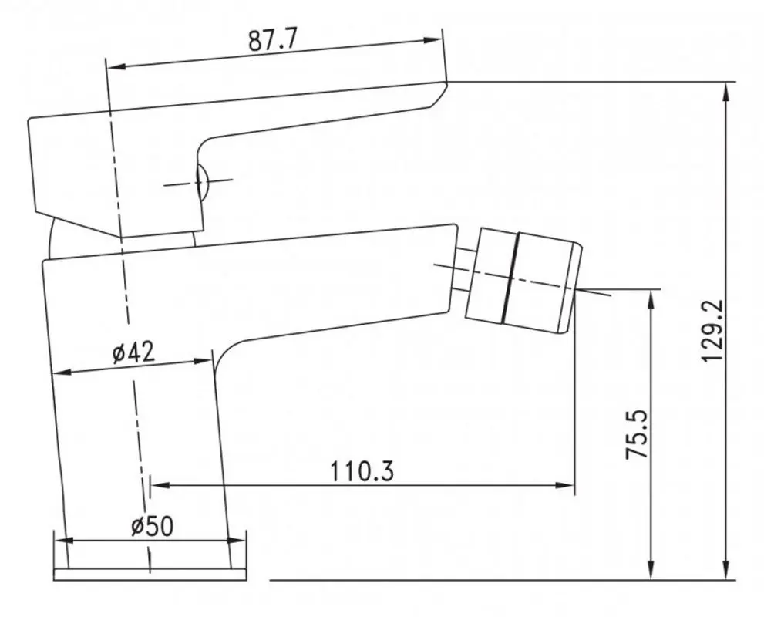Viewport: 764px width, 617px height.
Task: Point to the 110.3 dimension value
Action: pyautogui.click(x=362, y=470)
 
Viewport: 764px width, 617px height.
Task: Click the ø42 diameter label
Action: pyautogui.click(x=133, y=352)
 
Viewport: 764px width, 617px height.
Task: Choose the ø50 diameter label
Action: pyautogui.click(x=152, y=526)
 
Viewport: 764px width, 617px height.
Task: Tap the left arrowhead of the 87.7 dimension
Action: pyautogui.click(x=116, y=67)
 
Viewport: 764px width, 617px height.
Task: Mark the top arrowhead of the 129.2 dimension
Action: pyautogui.click(x=726, y=92)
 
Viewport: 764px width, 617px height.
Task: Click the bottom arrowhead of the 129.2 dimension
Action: pyautogui.click(x=726, y=570)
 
